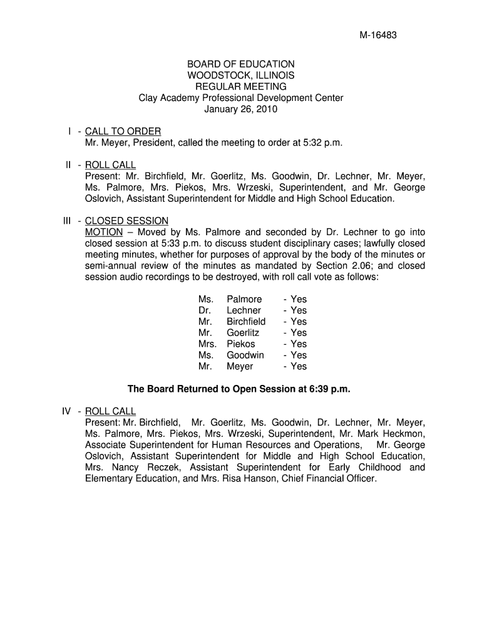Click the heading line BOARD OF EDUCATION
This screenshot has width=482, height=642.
241,64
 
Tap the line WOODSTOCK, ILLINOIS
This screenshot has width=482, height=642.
241,75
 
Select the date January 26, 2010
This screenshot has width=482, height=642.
241,109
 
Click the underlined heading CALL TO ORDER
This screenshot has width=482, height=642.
123,131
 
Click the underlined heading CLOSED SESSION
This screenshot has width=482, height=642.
126,221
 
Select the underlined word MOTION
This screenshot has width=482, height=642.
103,232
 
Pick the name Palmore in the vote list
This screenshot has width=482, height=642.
244,299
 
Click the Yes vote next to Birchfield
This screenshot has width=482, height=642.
295,322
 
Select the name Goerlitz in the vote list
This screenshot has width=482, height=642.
243,333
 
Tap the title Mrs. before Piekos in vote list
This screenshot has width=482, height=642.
207,344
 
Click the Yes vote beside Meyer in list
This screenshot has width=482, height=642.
295,366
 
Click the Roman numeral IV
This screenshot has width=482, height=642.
66,411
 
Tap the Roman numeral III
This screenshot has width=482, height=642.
67,221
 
